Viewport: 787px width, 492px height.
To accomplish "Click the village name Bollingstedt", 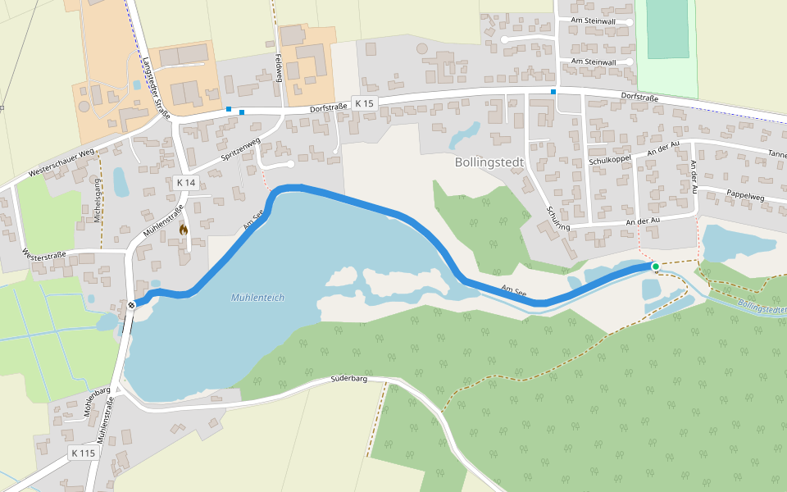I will [x=489, y=162].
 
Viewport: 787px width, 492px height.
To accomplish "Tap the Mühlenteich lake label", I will [x=257, y=298].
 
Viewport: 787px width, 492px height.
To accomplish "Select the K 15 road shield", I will [x=364, y=102].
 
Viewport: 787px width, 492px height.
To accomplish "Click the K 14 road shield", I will [x=185, y=182].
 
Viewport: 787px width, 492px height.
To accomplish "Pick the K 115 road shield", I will [x=83, y=453].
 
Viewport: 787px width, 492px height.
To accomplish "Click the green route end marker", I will [x=655, y=266].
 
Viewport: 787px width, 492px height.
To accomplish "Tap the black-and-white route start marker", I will [x=131, y=306].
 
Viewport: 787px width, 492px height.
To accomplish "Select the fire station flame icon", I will [x=183, y=230].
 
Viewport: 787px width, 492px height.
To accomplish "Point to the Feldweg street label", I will [x=279, y=68].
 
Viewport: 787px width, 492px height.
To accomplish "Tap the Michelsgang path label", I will [x=98, y=199].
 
